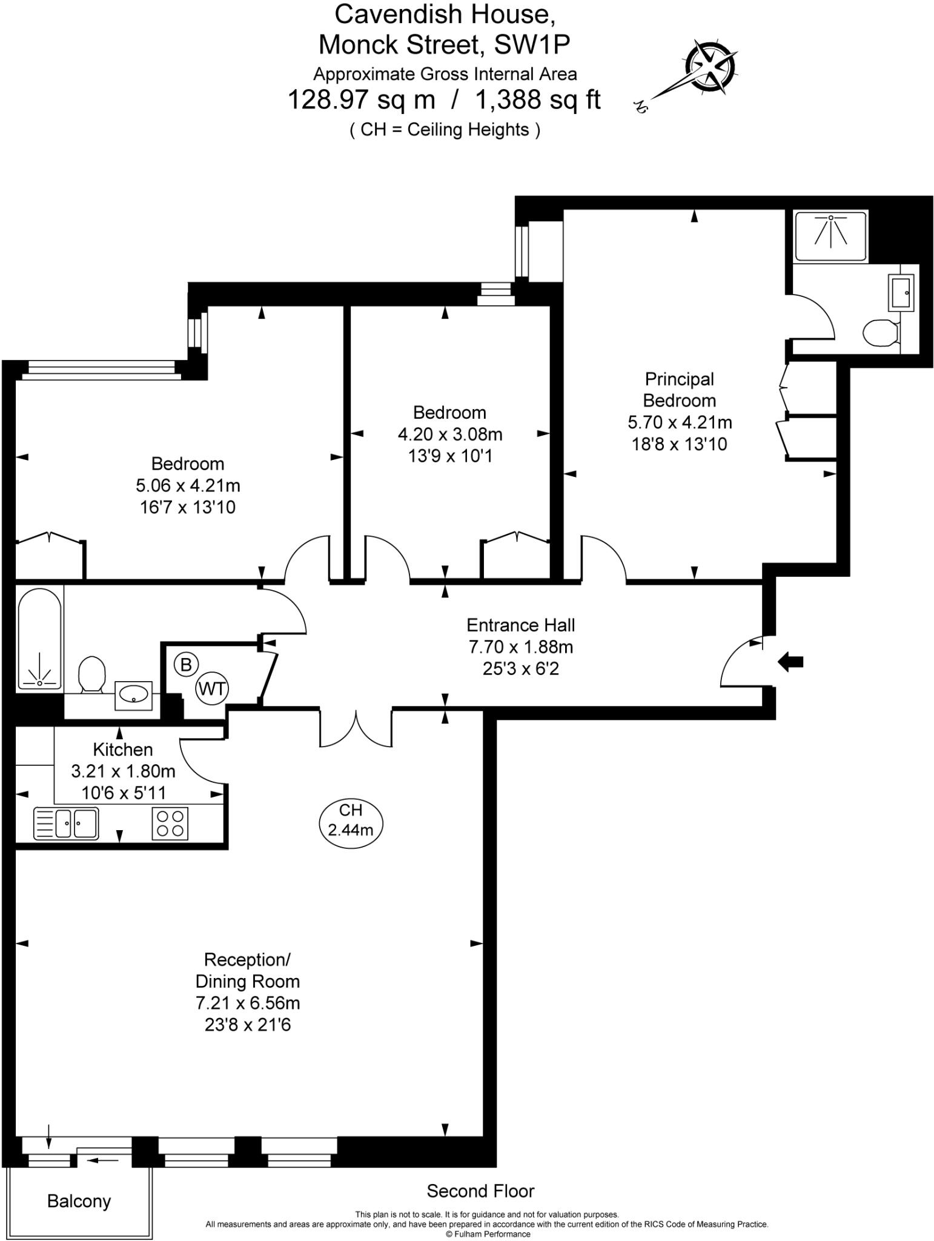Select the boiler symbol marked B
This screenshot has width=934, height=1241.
click(186, 665)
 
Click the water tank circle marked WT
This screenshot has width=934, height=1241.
click(212, 688)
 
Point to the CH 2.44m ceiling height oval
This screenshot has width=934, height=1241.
click(351, 819)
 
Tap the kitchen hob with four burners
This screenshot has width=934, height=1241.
click(170, 823)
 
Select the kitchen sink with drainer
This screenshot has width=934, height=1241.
click(67, 823)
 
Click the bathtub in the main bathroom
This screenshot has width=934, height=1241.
click(40, 639)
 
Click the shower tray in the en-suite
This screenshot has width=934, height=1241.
click(830, 236)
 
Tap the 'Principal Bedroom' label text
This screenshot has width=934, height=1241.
click(679, 390)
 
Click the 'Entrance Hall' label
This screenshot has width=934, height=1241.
click(520, 625)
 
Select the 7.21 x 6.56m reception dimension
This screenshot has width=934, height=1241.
click(247, 1003)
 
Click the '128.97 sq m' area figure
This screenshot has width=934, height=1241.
click(361, 99)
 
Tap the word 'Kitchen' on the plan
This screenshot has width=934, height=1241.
click(122, 750)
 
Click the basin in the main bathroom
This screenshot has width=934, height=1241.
click(133, 694)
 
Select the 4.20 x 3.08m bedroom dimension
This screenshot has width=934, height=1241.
click(449, 434)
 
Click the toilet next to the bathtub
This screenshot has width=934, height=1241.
click(92, 674)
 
